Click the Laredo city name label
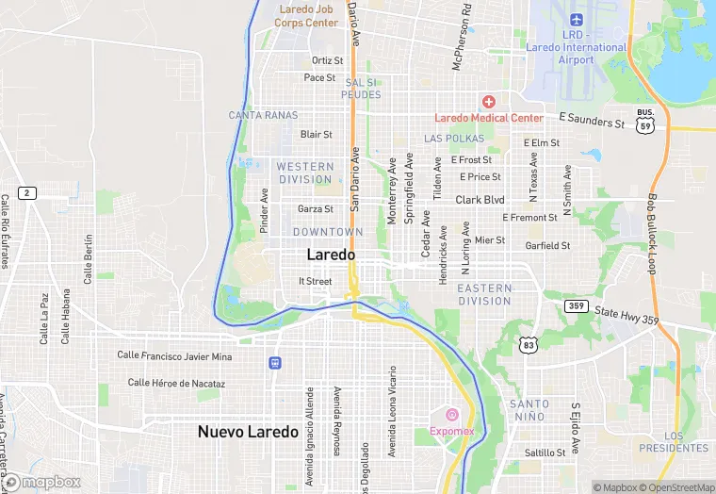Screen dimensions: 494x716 click(332, 255)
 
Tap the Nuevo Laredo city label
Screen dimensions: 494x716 click(248, 432)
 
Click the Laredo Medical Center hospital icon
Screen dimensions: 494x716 click(488, 101)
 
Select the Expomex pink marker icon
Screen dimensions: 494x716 click(451, 415)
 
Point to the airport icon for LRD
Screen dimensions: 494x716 click(576, 19)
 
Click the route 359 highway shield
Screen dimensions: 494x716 click(577, 305)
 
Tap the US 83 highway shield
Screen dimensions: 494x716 click(529, 346)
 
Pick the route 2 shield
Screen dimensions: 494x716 click(27, 192)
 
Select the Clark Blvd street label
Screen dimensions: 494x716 click(480, 200)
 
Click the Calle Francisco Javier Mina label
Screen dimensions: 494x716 click(174, 355)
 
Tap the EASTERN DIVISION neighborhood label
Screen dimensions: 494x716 click(484, 294)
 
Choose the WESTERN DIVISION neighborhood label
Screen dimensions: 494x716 click(305, 173)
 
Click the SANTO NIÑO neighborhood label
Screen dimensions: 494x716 click(529, 410)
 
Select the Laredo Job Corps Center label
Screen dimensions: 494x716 click(307, 15)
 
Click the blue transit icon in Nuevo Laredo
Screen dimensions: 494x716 click(274, 362)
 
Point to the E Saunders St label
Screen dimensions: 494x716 click(592, 121)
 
